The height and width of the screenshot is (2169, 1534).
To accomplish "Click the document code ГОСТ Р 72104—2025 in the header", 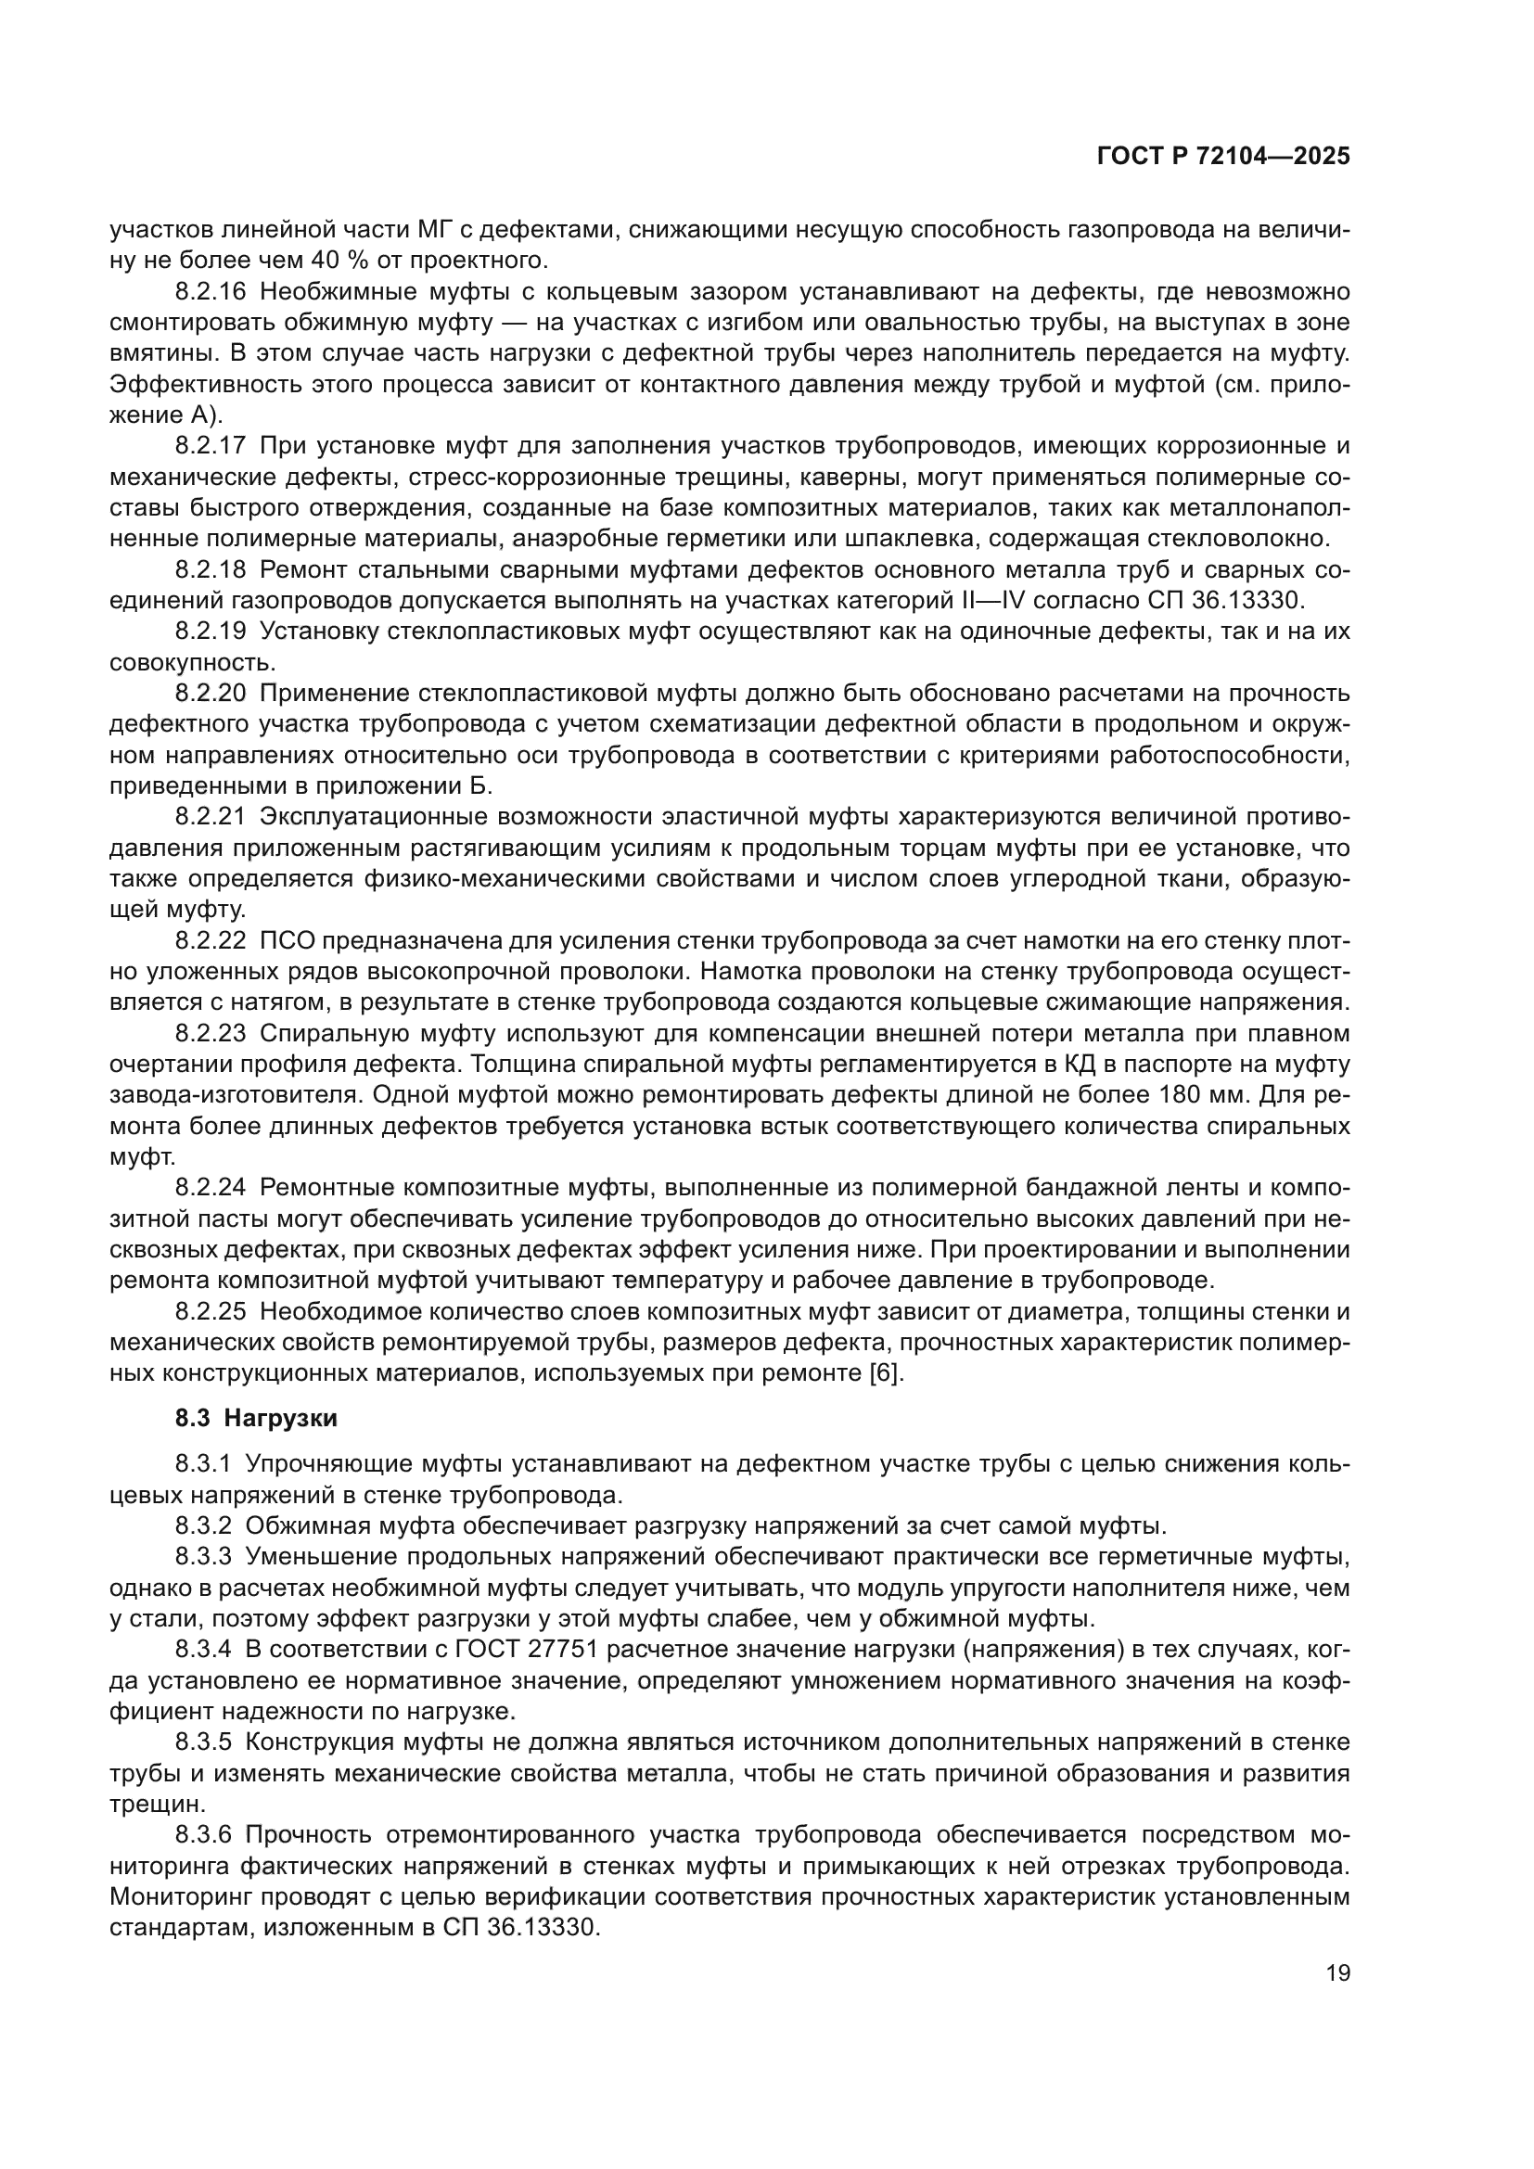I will (1223, 156).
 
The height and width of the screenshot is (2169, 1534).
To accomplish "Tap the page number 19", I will (1337, 1972).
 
